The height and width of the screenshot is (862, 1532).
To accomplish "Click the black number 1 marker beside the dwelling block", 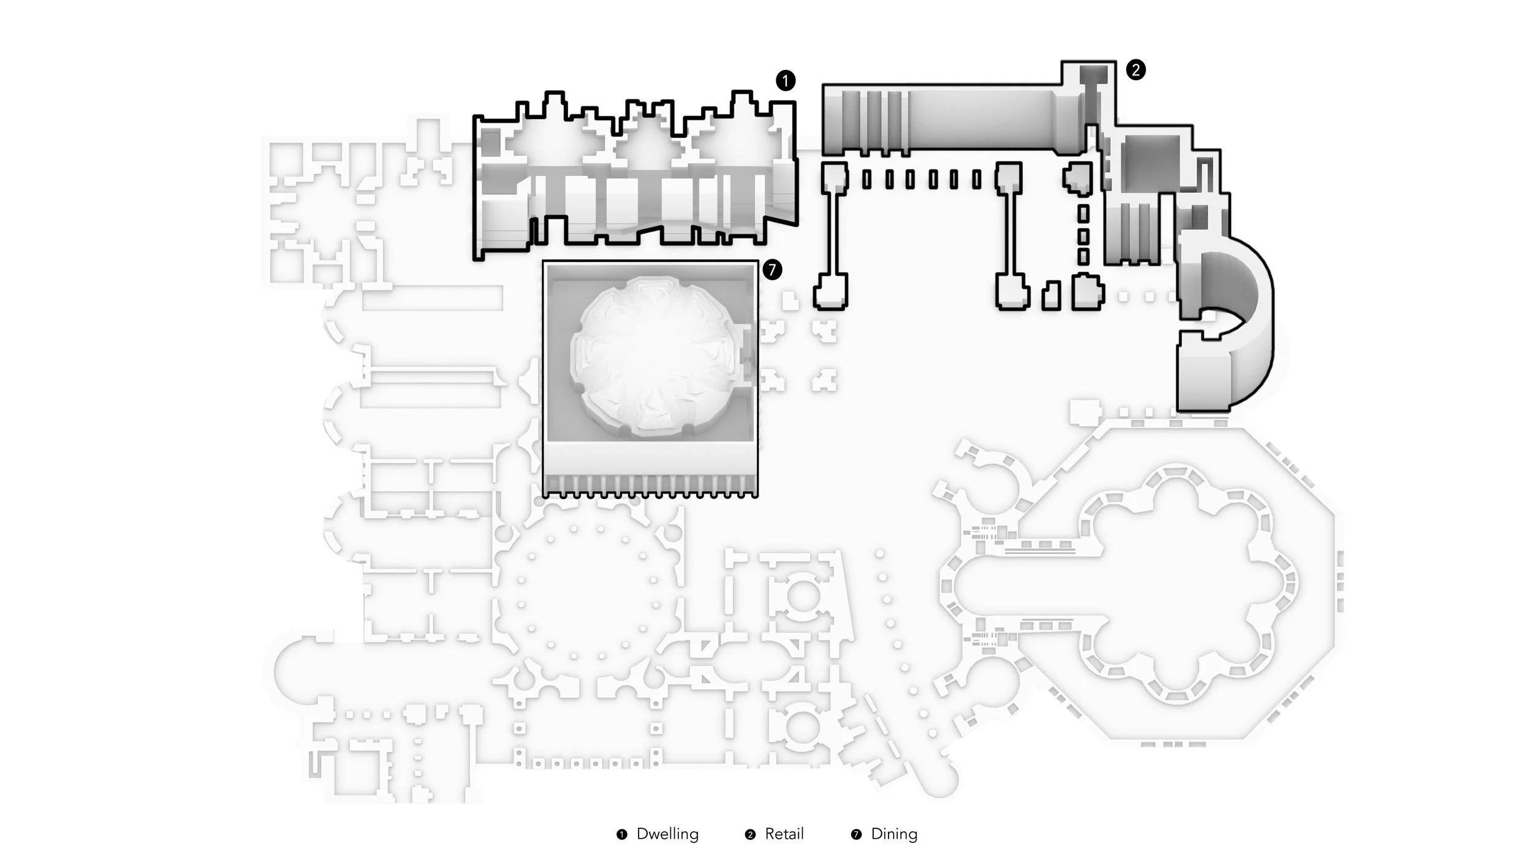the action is tap(786, 80).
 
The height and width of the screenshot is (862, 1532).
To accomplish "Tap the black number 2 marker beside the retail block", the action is tap(1136, 70).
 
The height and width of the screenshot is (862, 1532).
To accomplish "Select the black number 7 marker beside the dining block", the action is tap(772, 269).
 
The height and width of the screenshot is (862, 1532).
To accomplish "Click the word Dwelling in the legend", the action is tap(667, 834).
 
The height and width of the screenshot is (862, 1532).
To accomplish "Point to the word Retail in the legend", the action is tap(784, 834).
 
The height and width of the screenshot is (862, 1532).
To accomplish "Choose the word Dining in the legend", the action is tap(894, 834).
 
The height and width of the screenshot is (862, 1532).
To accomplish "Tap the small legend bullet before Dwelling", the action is tap(622, 834).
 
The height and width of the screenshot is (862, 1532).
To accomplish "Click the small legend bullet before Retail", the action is tap(750, 834).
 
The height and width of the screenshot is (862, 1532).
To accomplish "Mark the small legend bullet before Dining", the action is tap(856, 834).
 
